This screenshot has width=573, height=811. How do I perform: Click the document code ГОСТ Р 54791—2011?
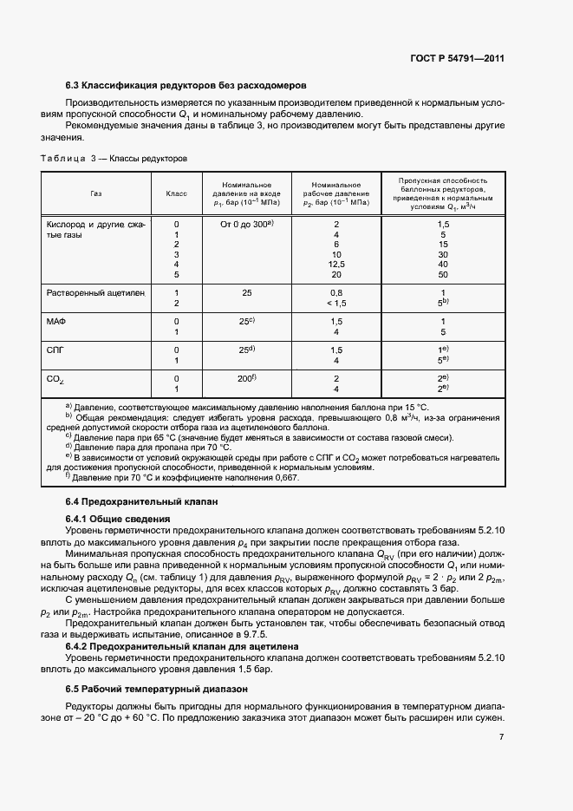click(457, 59)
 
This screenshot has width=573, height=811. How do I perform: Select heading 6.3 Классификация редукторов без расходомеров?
click(186, 85)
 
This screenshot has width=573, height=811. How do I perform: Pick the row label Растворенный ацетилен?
click(94, 292)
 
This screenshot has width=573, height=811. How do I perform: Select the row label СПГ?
click(55, 350)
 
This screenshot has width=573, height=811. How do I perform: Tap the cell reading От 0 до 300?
click(246, 224)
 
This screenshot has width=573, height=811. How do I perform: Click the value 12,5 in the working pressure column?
click(336, 264)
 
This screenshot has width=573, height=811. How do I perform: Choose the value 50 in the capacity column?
click(442, 274)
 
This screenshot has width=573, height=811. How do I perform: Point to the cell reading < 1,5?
click(336, 303)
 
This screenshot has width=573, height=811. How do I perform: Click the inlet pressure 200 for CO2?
click(246, 378)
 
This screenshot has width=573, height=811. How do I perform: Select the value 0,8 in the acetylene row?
click(336, 292)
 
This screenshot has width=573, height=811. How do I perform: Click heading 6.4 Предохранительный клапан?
click(142, 502)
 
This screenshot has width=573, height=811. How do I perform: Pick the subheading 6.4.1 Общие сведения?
click(119, 519)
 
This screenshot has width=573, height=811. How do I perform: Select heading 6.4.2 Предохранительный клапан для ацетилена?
click(183, 647)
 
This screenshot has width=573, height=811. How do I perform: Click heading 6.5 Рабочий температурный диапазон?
click(157, 689)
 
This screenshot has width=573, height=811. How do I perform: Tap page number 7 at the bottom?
click(501, 737)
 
